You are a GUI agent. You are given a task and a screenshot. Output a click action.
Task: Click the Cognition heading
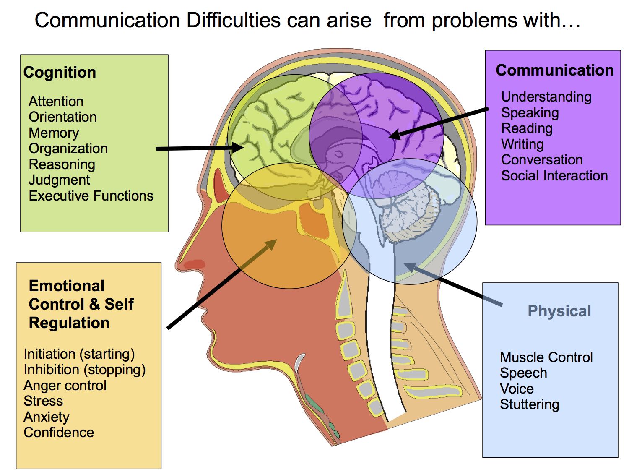point(60,72)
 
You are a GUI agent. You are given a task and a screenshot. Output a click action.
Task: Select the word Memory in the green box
point(54,133)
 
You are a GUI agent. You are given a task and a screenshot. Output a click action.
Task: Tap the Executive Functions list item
point(91,196)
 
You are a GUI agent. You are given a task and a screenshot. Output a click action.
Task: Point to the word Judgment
point(59,180)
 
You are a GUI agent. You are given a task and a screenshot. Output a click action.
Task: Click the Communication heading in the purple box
point(555,70)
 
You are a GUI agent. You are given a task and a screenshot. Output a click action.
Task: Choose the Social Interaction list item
point(554,176)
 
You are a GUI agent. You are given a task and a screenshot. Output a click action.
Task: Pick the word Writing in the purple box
point(522,144)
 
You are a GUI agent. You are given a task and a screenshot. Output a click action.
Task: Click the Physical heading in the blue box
point(559,311)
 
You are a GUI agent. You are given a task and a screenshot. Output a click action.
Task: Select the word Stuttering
point(530,404)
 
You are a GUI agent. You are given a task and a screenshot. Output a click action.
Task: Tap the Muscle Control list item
point(546,357)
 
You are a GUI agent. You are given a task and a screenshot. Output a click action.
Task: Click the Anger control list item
point(65,386)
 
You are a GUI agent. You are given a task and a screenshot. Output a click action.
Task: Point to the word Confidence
point(59,433)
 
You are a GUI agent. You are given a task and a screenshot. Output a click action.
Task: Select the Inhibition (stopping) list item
point(85,370)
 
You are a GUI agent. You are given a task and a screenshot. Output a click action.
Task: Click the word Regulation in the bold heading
point(69,323)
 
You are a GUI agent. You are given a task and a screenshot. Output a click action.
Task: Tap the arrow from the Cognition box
point(200,148)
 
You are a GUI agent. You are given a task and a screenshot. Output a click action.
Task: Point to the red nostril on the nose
point(194,263)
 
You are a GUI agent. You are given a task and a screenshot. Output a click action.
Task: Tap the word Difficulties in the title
point(233,21)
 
